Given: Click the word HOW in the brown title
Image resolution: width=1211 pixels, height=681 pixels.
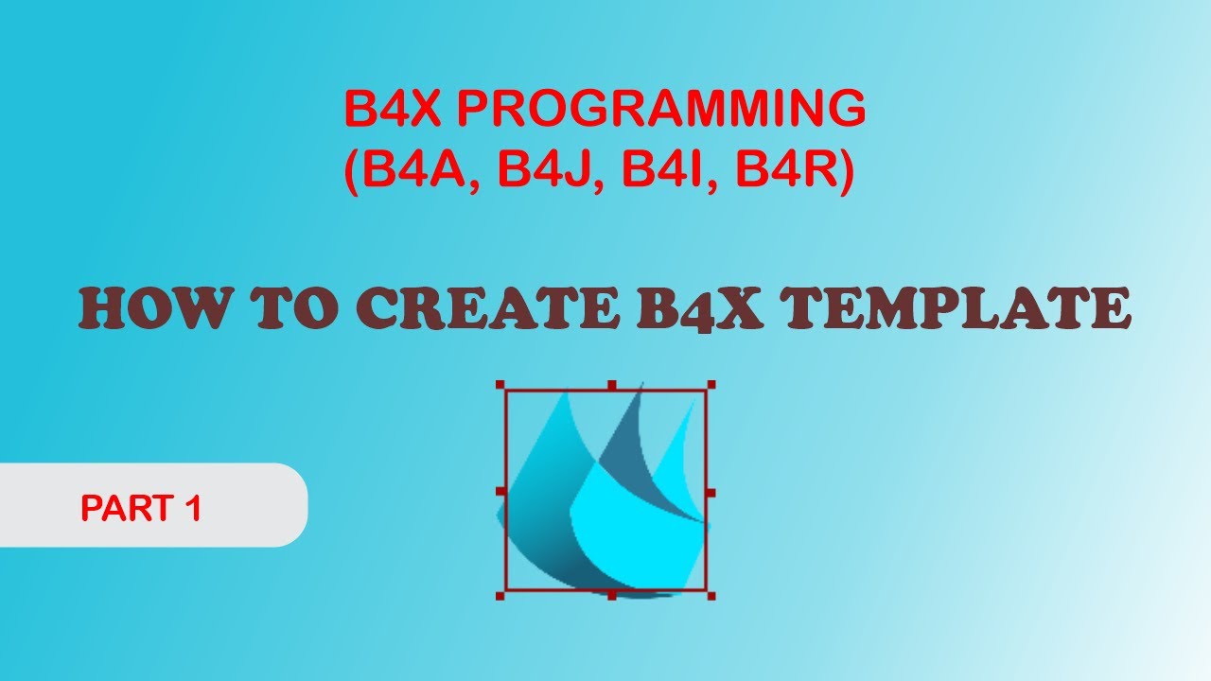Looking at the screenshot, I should [x=151, y=309].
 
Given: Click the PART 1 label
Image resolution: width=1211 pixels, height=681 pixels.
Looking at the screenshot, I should [x=142, y=509].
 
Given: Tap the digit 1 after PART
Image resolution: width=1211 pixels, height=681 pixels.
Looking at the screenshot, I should [x=193, y=509].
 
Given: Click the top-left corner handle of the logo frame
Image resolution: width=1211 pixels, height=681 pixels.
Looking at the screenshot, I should [x=500, y=385].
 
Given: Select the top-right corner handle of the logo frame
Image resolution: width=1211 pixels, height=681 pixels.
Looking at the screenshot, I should [x=711, y=385].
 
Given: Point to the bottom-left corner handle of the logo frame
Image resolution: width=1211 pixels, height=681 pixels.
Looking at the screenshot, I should [x=500, y=596].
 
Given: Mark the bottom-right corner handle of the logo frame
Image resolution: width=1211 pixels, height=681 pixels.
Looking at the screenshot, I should [x=711, y=596].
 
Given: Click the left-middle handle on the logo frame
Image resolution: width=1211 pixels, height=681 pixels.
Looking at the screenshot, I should [x=500, y=492].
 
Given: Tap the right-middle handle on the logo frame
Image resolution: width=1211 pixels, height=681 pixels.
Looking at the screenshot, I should [x=711, y=492].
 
